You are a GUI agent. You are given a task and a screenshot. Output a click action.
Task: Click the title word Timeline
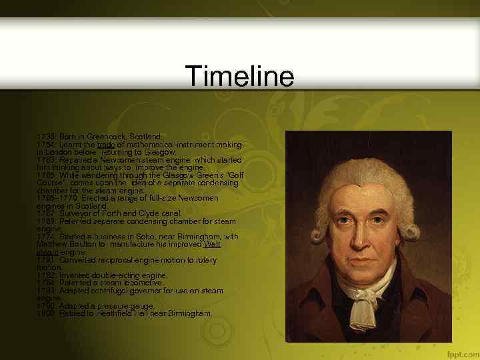(x=239, y=76)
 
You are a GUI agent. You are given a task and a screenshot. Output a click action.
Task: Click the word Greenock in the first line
(x=96, y=136)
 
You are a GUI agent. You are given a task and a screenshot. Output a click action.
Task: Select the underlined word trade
(x=106, y=144)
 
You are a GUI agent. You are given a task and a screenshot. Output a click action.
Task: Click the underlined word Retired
(x=71, y=313)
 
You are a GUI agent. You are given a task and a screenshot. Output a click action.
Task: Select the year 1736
(x=47, y=136)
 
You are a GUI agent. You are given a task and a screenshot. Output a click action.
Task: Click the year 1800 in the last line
(x=47, y=313)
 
